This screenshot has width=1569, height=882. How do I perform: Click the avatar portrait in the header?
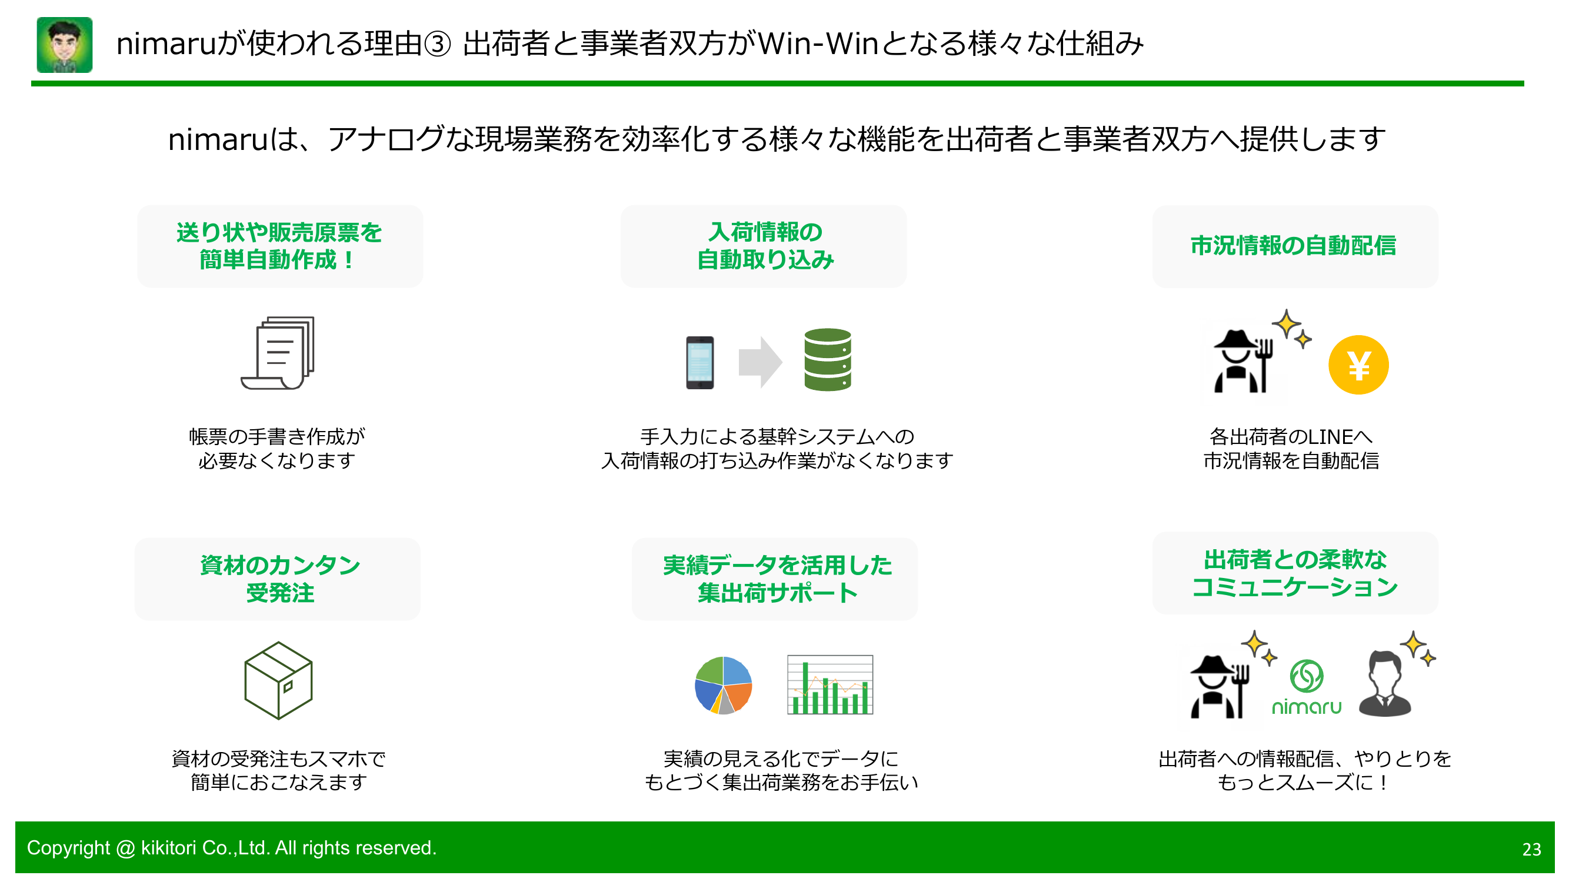65,45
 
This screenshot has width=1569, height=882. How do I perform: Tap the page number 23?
1531,849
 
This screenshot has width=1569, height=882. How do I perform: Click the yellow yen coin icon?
1358,365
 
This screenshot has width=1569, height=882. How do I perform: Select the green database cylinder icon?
827,360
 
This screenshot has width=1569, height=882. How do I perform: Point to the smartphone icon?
700,362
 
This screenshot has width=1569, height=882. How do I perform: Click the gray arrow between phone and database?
759,362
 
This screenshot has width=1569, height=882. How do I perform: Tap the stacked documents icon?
278,353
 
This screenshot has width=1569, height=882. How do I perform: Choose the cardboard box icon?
278,680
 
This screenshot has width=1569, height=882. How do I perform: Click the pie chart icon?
723,685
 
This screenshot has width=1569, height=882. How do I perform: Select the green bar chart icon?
830,685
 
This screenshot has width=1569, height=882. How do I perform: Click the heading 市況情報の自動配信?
1293,246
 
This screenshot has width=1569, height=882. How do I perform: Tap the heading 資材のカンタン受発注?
279,579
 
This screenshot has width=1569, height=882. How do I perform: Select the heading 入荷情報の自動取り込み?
764,246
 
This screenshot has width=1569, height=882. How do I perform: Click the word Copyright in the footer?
68,848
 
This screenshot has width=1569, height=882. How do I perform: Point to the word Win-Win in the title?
817,44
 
